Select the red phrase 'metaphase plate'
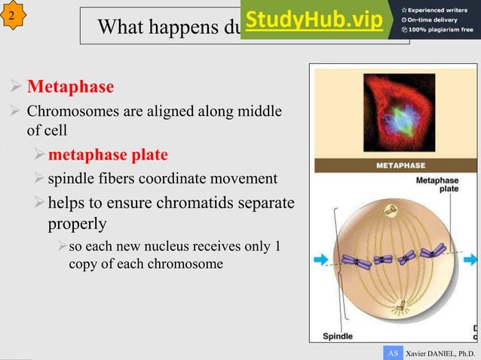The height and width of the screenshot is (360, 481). pos(108,155)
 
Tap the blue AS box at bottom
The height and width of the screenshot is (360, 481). pos(392,352)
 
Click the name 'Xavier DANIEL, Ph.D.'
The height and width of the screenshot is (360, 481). pos(441,352)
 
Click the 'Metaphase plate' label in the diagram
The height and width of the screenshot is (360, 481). pos(437,185)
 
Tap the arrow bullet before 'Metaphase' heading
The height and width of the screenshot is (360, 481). pos(14,88)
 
